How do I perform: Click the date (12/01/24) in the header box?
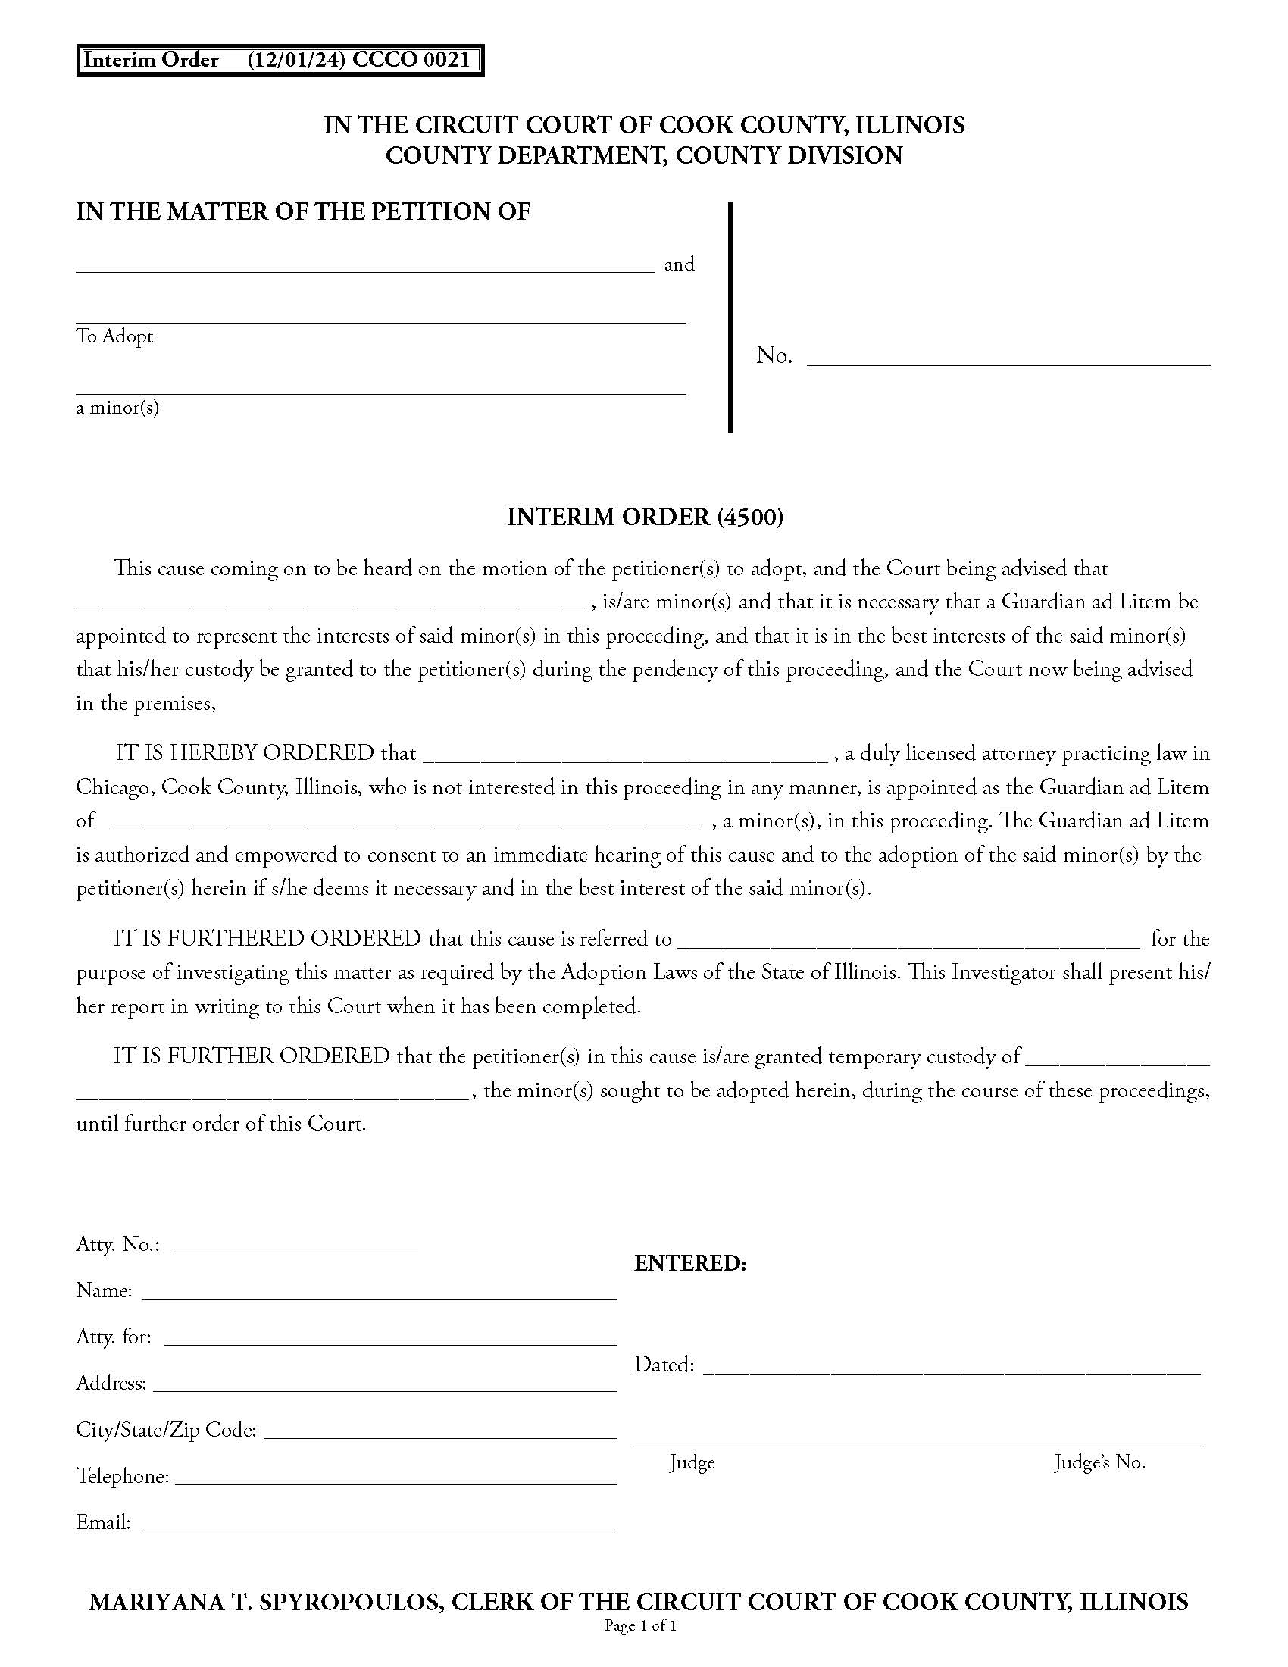pos(295,61)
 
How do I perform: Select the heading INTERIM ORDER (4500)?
pos(645,518)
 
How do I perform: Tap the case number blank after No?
pos(1008,358)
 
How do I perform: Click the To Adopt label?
pos(114,336)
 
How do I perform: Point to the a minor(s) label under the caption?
pos(117,408)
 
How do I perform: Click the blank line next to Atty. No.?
pos(296,1246)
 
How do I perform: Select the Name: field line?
pos(380,1291)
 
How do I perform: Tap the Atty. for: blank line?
pos(391,1338)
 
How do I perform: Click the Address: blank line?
pos(386,1384)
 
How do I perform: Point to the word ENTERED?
pos(689,1264)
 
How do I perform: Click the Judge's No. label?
pos(1099,1462)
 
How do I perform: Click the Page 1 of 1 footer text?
pos(641,1626)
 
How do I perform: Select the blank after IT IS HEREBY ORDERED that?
pos(625,755)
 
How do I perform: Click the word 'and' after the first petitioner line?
pos(679,265)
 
